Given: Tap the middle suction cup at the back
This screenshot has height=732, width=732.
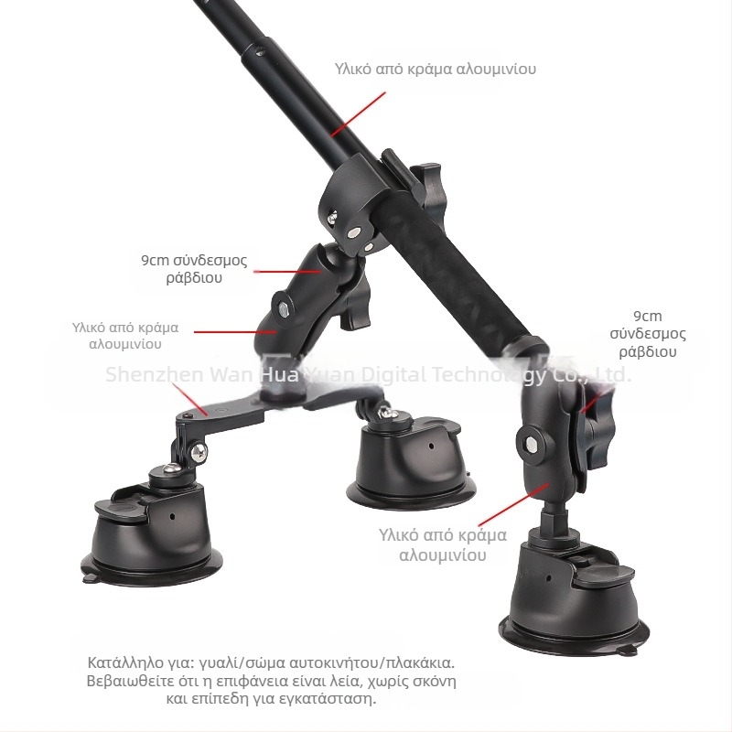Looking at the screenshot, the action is [x=411, y=467].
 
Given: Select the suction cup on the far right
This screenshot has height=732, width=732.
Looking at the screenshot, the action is [x=574, y=597].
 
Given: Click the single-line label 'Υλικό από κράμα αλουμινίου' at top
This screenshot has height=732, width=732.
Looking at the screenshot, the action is [x=436, y=69].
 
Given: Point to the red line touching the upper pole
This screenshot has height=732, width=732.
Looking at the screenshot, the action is [x=358, y=113].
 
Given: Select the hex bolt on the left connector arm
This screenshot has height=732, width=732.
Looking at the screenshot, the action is [x=284, y=308].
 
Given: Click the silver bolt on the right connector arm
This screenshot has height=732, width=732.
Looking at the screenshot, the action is [x=530, y=443].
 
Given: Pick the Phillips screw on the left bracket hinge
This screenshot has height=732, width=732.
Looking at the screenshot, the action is [x=199, y=450].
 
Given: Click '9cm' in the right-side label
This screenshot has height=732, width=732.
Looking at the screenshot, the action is [x=648, y=316].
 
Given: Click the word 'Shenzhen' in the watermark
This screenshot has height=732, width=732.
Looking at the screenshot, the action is [x=155, y=374].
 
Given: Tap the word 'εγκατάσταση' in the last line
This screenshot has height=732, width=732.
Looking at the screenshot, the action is [x=327, y=699].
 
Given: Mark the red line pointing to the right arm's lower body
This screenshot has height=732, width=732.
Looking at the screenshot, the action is [x=513, y=505].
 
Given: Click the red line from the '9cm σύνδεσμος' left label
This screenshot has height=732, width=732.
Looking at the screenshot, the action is [x=288, y=271].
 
